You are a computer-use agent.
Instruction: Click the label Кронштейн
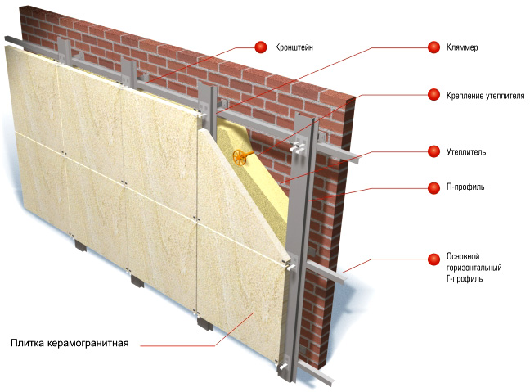click(x=294, y=47)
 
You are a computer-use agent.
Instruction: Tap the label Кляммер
click(x=462, y=47)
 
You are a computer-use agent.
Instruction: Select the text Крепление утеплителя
click(x=485, y=96)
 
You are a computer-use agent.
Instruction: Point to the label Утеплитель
click(x=466, y=152)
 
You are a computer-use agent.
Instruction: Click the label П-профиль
click(x=465, y=187)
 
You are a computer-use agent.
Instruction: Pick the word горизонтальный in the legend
click(x=474, y=268)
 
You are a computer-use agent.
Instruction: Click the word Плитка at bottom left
click(x=27, y=343)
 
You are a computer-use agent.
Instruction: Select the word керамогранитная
click(x=88, y=343)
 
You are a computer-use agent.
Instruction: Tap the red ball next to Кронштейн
click(x=261, y=47)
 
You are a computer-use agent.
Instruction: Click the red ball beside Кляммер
click(x=433, y=47)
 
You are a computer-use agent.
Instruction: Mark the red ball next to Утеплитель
click(x=433, y=151)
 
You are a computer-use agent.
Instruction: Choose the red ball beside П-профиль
click(x=433, y=188)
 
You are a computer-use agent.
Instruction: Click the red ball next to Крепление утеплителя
click(x=433, y=95)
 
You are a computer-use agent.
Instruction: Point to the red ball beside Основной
click(x=433, y=259)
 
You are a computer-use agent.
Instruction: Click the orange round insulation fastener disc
click(x=240, y=157)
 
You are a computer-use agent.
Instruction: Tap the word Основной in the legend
click(x=463, y=256)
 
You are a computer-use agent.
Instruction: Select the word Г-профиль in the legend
click(x=465, y=279)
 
